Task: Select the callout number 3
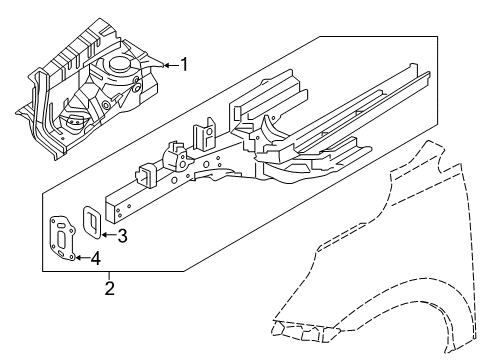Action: [x=122, y=236]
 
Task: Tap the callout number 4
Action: [x=96, y=259]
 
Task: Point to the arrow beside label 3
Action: [x=106, y=236]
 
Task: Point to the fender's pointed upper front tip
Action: [x=424, y=147]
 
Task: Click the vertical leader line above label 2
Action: [x=111, y=277]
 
